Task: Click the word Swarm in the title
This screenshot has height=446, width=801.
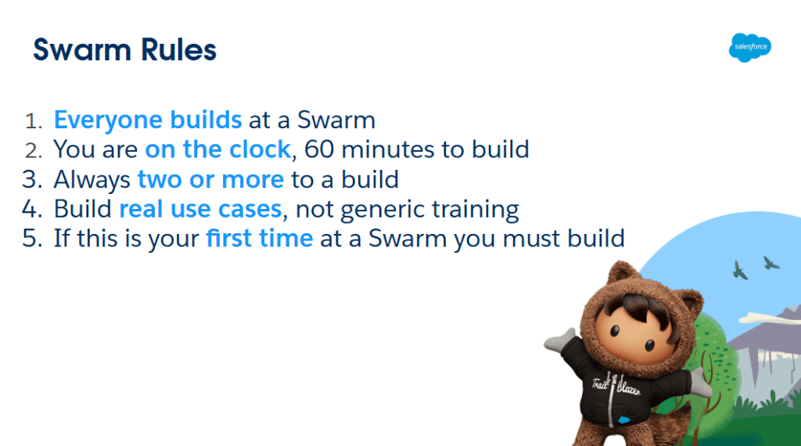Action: coord(81,50)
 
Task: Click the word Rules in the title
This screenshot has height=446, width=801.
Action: coord(178,50)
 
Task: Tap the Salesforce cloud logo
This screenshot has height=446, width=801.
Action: coord(750,47)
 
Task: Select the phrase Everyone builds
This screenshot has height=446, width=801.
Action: coord(148,120)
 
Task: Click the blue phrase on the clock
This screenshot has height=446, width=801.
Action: coord(217,149)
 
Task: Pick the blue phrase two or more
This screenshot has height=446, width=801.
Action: coord(210,180)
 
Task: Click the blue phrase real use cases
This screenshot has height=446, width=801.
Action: coord(200,210)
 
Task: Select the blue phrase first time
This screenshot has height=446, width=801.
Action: coord(260,239)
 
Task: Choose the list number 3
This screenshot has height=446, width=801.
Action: coord(31,180)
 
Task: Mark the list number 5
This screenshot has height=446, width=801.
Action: coord(31,239)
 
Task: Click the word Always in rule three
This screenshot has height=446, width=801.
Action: coord(92,180)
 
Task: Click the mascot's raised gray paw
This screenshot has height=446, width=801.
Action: coord(559,340)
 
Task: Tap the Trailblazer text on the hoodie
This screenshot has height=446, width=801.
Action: coord(616,387)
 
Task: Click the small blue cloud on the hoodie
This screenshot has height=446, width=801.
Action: coord(623,420)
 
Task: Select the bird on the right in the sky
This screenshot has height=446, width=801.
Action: coord(770,263)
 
